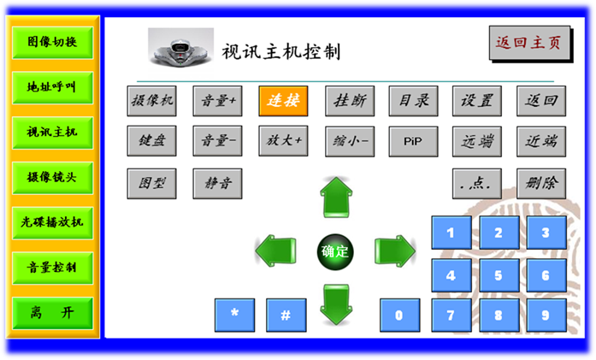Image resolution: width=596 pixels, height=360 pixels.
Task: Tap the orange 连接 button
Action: click(x=283, y=101)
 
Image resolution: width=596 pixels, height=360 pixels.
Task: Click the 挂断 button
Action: click(x=349, y=101)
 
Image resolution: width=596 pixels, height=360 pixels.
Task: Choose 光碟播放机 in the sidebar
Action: click(x=52, y=221)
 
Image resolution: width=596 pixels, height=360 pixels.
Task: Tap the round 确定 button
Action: click(x=334, y=251)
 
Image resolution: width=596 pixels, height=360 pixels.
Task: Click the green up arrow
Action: click(x=335, y=198)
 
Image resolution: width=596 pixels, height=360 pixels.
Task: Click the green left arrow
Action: click(x=275, y=251)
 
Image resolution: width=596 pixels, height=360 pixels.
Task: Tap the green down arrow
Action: click(x=335, y=304)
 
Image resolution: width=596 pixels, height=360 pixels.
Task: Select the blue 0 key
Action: click(x=400, y=315)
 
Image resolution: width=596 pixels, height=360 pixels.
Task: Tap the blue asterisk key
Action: click(x=235, y=315)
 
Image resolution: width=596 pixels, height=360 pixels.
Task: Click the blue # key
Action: click(x=286, y=315)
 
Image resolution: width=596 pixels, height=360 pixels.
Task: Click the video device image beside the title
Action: click(x=180, y=48)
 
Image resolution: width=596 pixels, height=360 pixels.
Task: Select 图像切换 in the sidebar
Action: click(x=52, y=42)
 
